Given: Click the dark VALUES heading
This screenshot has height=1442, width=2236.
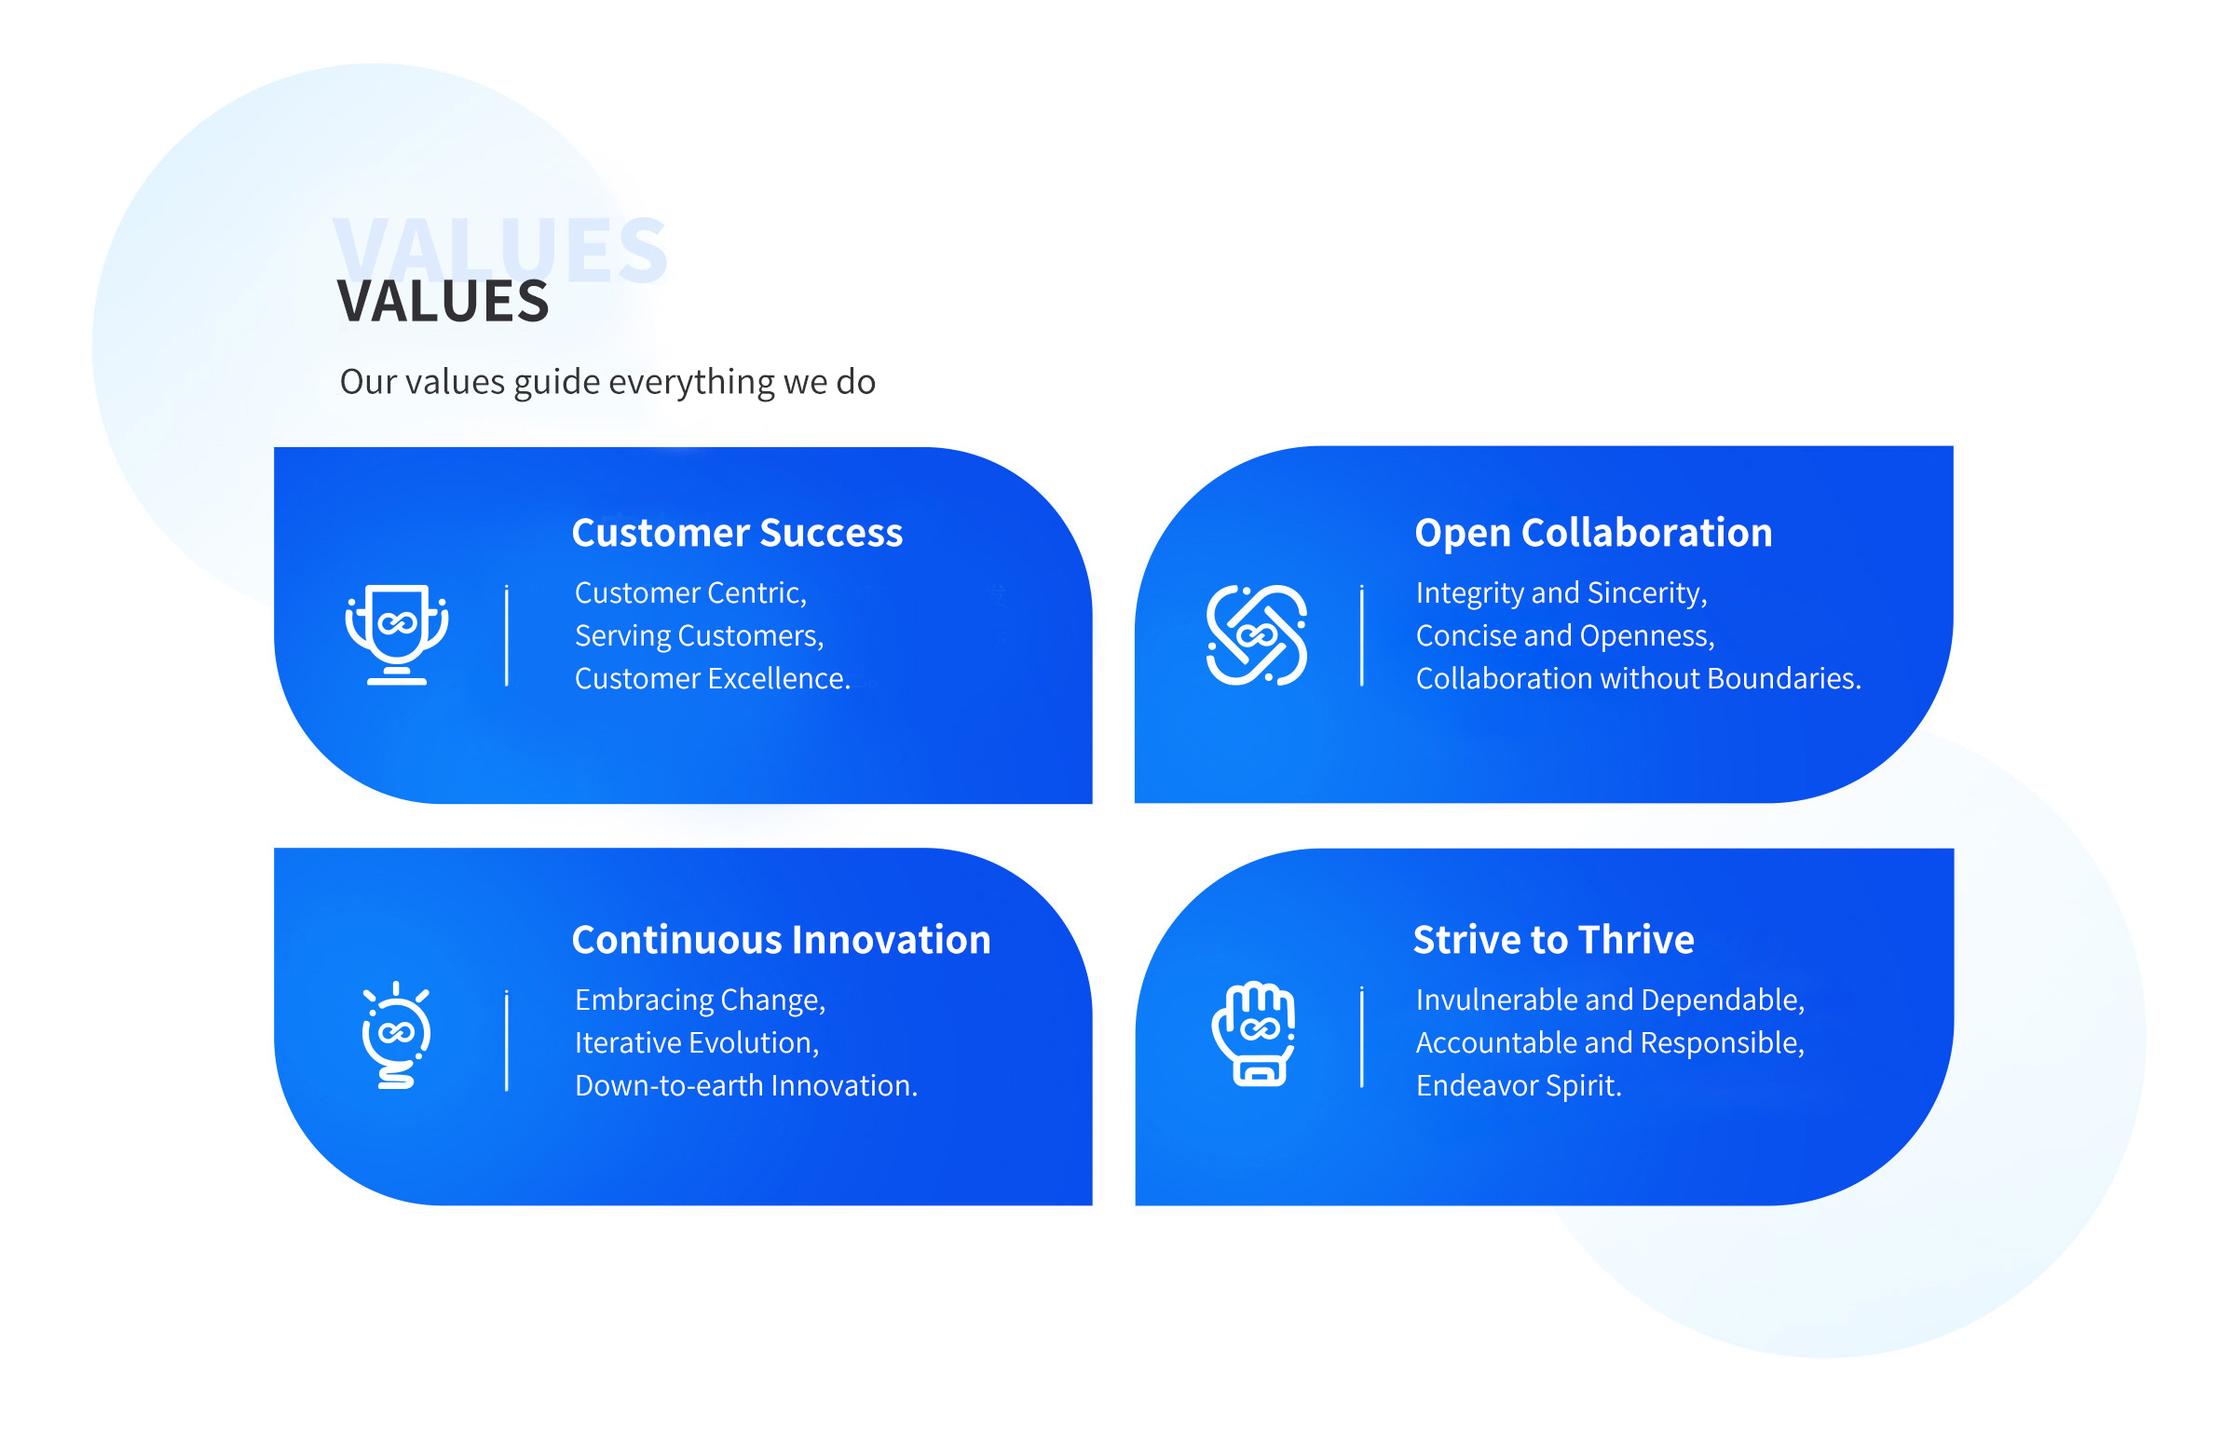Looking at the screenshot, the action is pos(442,301).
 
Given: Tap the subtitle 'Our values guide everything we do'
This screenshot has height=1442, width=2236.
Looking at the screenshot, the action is pos(607,382).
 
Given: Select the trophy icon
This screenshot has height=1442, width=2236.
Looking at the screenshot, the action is pos(396,634).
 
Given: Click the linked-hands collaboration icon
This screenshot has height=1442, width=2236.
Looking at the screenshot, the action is pos(1256,635).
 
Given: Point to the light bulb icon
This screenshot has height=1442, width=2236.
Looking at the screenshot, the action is pos(396,1035).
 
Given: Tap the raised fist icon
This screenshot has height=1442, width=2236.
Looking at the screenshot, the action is pos(1253,1034).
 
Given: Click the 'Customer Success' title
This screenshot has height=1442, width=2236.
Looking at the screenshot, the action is pos(737,533).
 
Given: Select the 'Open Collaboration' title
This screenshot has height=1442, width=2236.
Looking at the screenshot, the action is pos(1593,533).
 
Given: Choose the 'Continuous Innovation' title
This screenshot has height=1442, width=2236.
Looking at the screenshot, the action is pos(781,939).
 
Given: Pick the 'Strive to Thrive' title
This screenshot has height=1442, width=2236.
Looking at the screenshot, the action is pos(1552,939).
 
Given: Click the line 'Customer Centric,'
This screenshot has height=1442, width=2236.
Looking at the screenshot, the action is pos(690,592).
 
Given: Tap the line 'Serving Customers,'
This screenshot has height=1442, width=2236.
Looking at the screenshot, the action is pos(699,636).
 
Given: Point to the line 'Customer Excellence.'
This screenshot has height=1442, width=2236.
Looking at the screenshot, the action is pos(713,678).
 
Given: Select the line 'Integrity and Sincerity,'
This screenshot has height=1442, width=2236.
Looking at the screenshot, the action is pos(1561,592).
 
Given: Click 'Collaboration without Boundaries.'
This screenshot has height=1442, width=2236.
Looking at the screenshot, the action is pos(1638,678).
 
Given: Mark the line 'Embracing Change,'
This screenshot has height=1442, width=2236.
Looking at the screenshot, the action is pos(700,1000).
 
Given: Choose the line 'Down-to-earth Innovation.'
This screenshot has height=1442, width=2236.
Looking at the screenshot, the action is pos(745,1085).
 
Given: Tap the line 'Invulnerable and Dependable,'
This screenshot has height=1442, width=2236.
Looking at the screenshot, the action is pos(1610,1000).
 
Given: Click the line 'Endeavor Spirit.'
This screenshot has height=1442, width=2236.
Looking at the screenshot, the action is pos(1518,1085).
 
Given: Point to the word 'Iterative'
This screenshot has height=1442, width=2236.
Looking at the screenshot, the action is pos(627,1042).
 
